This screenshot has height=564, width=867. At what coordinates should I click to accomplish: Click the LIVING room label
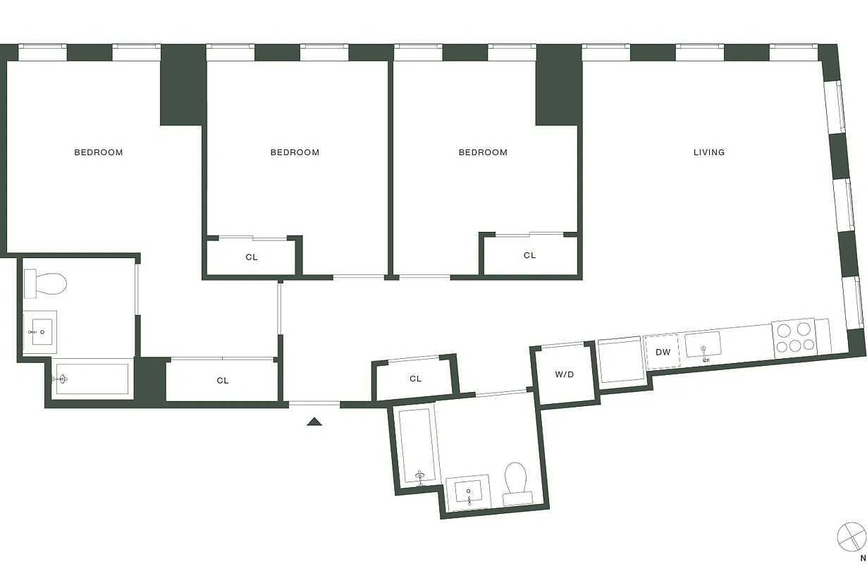708,152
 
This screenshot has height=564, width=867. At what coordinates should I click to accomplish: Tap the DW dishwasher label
663,352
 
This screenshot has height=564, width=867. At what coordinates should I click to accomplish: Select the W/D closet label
564,374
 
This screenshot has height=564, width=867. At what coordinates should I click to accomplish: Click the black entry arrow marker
314,422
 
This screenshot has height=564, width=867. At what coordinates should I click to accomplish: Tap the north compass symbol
851,536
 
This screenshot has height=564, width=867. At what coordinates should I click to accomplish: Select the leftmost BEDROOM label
99,152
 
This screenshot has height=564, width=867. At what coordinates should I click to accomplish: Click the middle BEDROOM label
295,152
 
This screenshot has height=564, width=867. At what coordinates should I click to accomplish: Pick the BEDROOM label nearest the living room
483,152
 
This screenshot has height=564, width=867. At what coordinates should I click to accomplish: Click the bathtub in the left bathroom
92,379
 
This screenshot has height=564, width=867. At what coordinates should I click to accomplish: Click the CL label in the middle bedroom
252,257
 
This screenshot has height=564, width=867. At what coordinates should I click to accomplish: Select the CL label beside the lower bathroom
415,379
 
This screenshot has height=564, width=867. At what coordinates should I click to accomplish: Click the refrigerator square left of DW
620,361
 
